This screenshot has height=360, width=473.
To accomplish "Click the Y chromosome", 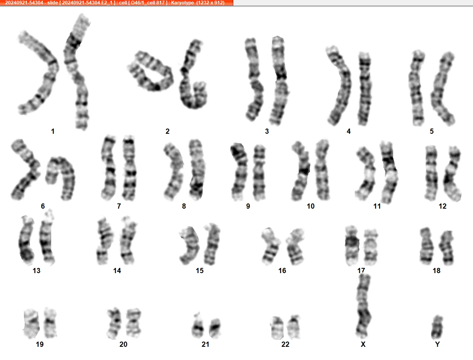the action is pos(437,327).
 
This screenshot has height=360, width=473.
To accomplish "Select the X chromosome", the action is pos(364,306).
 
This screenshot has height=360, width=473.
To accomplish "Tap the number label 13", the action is pos(36,271).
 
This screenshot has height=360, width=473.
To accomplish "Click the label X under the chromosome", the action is pos(363,344).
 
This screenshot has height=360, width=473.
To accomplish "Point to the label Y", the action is pos(437,344).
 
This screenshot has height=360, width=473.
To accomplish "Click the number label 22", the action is pos(285,344).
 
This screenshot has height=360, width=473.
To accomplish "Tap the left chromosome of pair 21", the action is pos(198,327).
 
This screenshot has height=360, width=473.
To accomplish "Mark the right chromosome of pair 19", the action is pos(51,323).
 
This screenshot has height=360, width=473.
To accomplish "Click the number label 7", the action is pos(119,206).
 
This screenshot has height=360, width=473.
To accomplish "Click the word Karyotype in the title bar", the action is pos(182,3).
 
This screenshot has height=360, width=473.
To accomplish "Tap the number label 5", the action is pos(432,131).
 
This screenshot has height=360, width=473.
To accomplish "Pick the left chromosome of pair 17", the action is pos(352,245).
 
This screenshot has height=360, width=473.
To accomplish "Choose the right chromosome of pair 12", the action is pos(453,175).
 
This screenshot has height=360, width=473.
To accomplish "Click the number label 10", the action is pos(311,206).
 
